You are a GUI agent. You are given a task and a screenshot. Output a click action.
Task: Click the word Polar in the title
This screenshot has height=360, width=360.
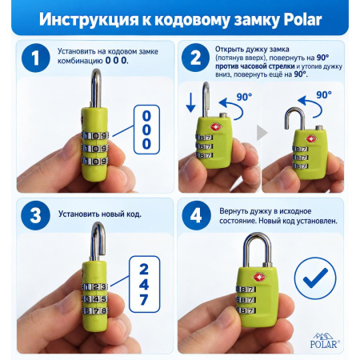302,19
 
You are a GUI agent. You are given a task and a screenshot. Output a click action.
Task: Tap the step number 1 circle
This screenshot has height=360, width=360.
36,58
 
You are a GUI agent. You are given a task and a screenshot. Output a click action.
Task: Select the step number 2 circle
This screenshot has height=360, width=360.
195,58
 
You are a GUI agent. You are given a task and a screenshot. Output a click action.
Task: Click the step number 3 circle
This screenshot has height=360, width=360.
36,215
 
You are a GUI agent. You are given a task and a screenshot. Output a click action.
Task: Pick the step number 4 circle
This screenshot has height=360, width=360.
196,215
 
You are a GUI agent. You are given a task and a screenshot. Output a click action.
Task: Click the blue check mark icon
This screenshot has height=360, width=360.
315,278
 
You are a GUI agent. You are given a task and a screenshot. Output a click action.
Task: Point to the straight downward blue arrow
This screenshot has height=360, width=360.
190,102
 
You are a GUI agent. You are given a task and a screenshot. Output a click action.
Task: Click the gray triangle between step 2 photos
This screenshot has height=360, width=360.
262,133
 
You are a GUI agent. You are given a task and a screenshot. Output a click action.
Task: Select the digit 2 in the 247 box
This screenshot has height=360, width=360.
144,270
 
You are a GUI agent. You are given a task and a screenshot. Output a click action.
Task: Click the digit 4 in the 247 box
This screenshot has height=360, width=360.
144,285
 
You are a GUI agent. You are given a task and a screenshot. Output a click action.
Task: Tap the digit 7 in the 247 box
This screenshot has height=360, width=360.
144,300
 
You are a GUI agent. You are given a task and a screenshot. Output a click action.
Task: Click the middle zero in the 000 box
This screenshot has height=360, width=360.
146,130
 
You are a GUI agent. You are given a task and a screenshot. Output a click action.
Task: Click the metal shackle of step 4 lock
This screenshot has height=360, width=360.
257,250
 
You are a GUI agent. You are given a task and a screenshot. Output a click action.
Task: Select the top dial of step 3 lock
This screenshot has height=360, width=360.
95,287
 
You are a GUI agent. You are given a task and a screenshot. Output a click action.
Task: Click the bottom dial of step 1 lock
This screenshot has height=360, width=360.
95,161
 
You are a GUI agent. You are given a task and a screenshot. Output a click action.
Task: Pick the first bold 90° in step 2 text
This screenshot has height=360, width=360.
322,58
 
